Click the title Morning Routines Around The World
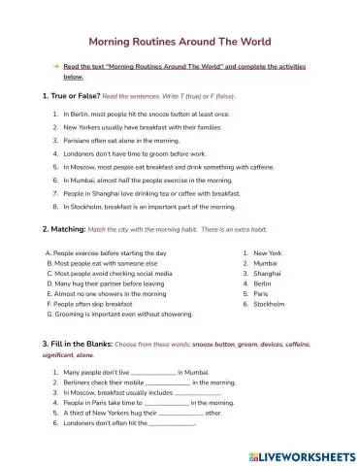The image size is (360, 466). click(180, 42)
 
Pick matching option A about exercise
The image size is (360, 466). click(107, 252)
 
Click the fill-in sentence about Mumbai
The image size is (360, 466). click(136, 372)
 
